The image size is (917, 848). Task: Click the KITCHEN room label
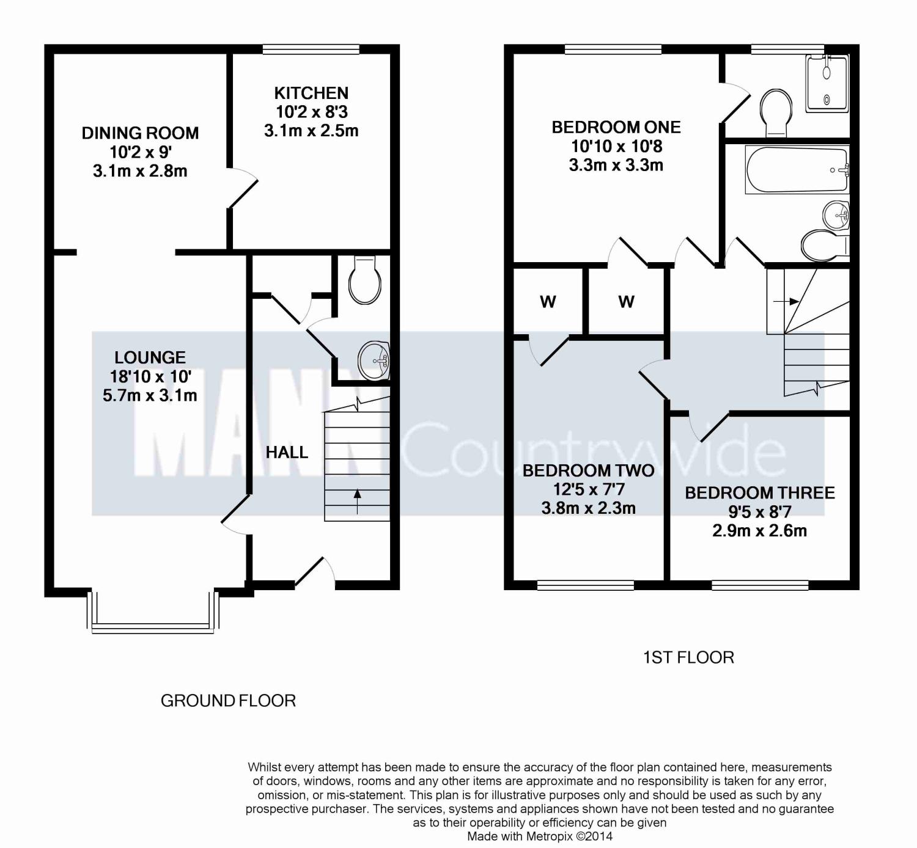click(x=311, y=93)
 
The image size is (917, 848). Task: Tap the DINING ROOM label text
click(x=141, y=133)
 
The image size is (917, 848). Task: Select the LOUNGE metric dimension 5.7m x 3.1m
click(x=150, y=396)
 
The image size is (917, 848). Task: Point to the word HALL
click(x=287, y=452)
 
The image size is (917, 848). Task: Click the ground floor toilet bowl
click(x=365, y=280)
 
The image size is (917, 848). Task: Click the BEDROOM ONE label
click(x=616, y=128)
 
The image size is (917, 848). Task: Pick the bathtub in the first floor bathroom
click(x=797, y=170)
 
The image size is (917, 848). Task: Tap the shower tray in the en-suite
click(x=827, y=84)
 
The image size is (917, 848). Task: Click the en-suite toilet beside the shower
click(x=776, y=112)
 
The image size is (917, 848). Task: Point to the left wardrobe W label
click(x=548, y=302)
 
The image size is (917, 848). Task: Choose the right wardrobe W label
click(x=626, y=302)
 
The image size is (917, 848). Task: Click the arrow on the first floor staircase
click(x=786, y=301)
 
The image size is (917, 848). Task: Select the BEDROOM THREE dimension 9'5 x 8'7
click(x=760, y=512)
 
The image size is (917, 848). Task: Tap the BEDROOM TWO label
click(x=588, y=471)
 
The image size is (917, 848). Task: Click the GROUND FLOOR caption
click(x=228, y=701)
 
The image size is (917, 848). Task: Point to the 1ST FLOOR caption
click(x=688, y=657)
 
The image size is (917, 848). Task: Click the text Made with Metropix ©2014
click(x=540, y=836)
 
